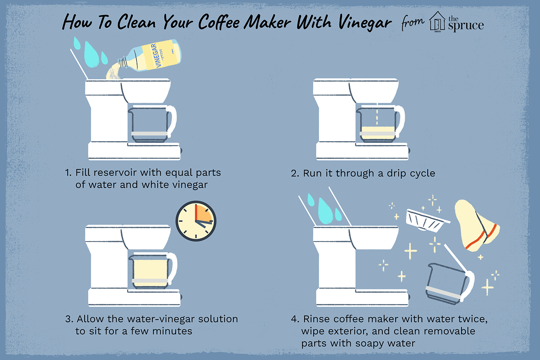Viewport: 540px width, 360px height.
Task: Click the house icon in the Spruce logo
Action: coord(437,22)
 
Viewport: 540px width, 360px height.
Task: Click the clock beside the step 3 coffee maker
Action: coord(196,221)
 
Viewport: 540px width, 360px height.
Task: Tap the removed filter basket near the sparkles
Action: coord(427,220)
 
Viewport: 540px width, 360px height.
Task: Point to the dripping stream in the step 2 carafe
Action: coord(377,115)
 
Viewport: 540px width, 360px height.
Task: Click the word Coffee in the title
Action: coord(219,23)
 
